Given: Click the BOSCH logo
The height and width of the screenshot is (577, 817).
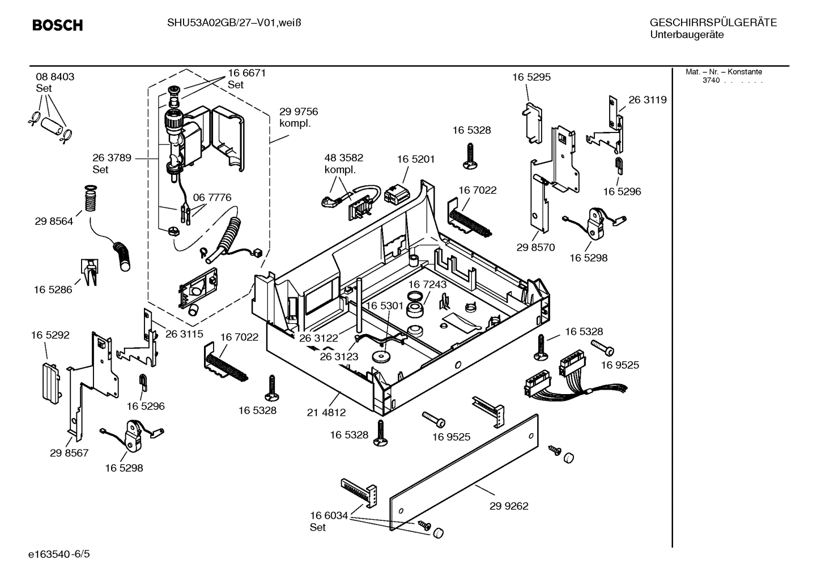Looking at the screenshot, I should [x=57, y=25].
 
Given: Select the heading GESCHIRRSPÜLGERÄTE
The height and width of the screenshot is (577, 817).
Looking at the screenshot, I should [x=713, y=23].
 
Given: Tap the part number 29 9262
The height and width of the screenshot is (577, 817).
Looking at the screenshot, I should [x=509, y=506].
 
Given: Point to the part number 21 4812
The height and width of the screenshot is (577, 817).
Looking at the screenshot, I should [x=326, y=413].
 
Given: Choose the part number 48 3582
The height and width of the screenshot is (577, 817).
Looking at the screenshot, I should [x=343, y=158].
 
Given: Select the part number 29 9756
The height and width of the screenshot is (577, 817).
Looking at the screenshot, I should [x=299, y=112].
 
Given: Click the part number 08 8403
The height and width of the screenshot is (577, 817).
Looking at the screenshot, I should [x=55, y=77].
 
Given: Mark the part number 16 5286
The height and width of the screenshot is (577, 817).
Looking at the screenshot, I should [x=53, y=289].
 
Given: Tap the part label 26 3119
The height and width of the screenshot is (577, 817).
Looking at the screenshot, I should [x=648, y=100].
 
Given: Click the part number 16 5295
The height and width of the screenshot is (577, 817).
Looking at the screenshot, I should [x=531, y=77].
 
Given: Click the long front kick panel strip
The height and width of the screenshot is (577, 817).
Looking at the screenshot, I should [x=465, y=473].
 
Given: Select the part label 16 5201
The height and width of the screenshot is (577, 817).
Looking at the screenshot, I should [x=416, y=159].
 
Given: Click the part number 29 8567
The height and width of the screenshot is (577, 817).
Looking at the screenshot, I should [x=69, y=453].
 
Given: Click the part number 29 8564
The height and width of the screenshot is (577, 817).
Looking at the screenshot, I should [x=54, y=221].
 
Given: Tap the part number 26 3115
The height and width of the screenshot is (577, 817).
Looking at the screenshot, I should [x=184, y=334].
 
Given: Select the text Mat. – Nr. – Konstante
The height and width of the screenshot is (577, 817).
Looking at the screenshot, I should [x=724, y=72].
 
